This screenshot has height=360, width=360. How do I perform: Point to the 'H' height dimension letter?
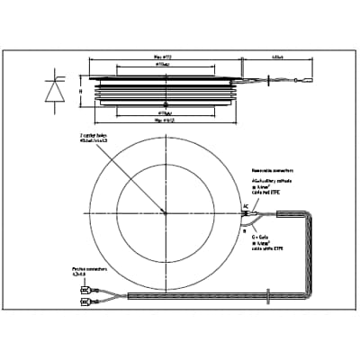click(x=80, y=91)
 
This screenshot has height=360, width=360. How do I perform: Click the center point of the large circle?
click(x=164, y=212)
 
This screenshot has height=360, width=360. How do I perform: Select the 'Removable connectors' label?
click(x=274, y=167)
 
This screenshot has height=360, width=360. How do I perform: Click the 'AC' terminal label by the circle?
click(x=245, y=206)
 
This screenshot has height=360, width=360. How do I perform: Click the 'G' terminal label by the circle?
click(x=244, y=228)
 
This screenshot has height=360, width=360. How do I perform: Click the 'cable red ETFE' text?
click(x=270, y=194)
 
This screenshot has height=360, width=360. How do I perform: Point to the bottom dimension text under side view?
click(x=164, y=118)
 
